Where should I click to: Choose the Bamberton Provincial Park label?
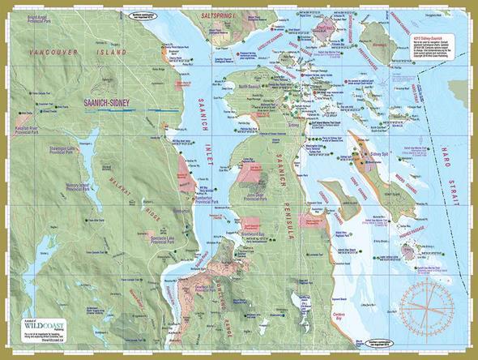(x=213, y=198)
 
